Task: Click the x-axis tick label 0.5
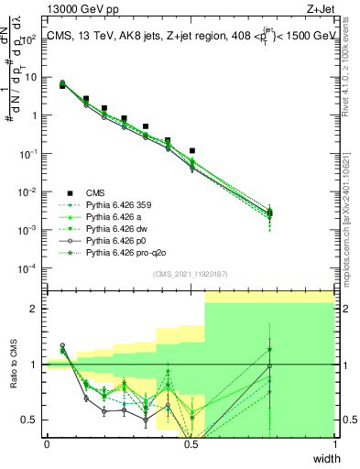click(x=191, y=445)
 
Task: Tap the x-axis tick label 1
click(x=333, y=445)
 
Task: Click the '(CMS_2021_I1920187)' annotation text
click(x=191, y=274)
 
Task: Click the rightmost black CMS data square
click(x=268, y=213)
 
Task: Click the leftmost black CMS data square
click(x=62, y=85)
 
